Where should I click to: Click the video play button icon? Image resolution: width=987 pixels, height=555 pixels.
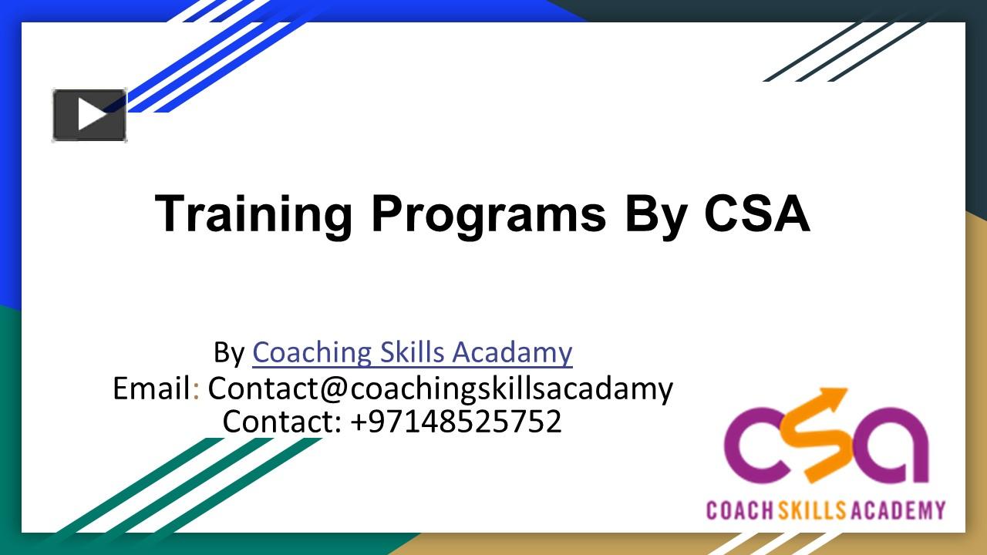(x=89, y=116)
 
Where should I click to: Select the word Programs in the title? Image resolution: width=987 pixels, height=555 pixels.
(x=488, y=214)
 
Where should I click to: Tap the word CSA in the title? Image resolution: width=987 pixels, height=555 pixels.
(x=756, y=214)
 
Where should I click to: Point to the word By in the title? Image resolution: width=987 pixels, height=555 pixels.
(x=655, y=214)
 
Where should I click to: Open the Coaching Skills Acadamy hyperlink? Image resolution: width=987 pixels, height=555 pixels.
(x=412, y=352)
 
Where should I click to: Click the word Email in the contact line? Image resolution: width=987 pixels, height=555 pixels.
(x=152, y=388)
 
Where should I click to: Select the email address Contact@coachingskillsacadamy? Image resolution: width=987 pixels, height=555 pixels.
(x=440, y=388)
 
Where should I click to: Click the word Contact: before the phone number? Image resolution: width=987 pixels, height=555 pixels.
(x=281, y=422)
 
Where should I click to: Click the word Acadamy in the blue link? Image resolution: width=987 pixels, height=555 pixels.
(x=512, y=352)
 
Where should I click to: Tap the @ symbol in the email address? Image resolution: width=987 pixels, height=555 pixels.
(x=333, y=389)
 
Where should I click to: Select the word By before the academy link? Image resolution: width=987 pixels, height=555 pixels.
(x=228, y=352)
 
